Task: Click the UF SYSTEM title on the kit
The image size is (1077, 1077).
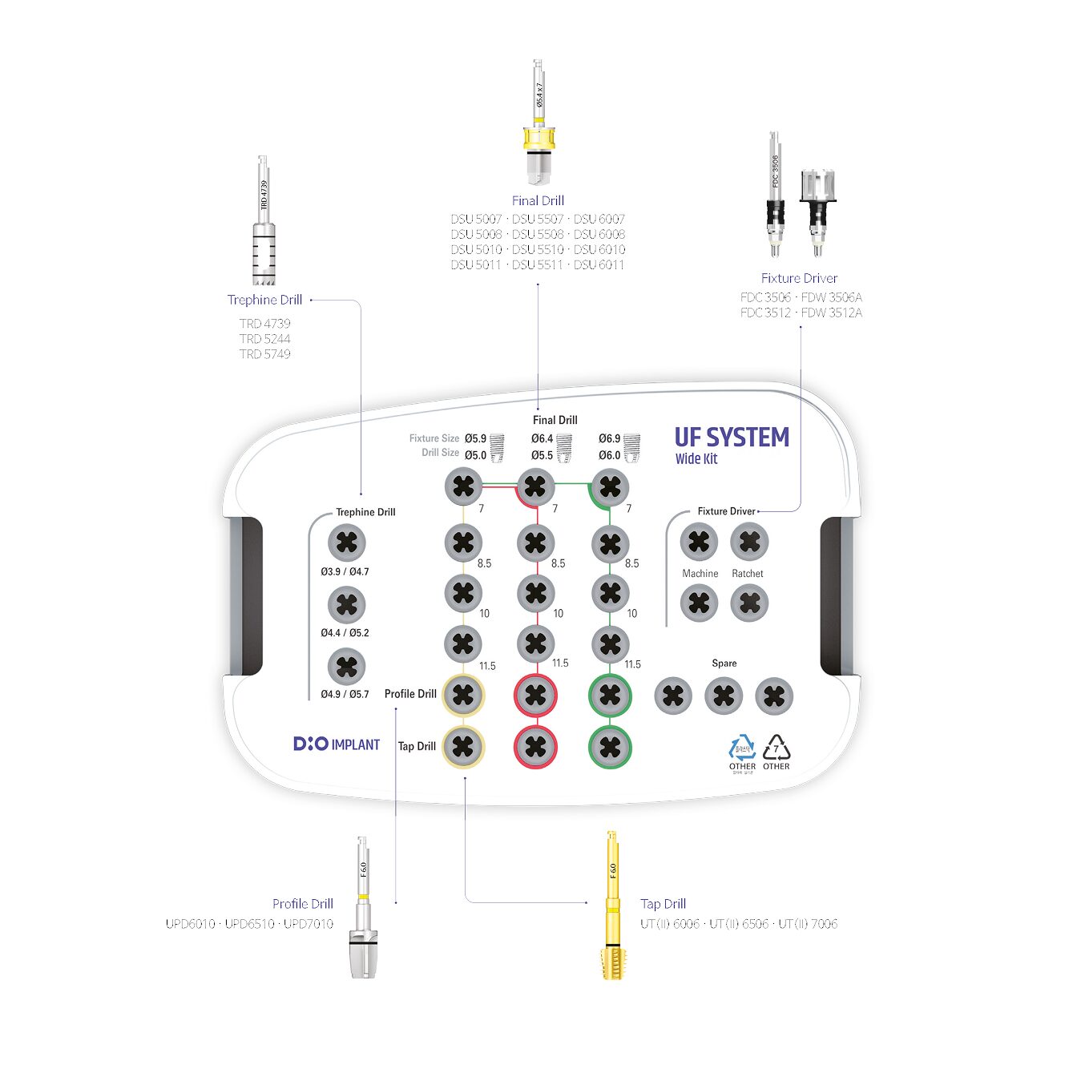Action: [x=731, y=438]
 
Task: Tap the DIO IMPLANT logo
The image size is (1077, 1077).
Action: [x=337, y=744]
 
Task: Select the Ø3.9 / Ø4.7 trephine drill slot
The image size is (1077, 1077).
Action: [x=347, y=543]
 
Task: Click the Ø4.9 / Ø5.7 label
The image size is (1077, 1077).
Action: [x=345, y=694]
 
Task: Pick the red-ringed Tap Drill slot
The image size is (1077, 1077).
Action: [x=536, y=747]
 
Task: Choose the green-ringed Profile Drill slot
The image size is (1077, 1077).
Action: [x=610, y=695]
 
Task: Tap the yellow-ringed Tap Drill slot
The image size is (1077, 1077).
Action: [x=463, y=747]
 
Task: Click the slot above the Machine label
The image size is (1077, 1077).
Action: [x=699, y=543]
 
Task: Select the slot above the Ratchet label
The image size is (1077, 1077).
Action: [x=749, y=543]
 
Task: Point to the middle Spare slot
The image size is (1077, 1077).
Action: [x=724, y=696]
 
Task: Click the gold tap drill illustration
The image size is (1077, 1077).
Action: [x=612, y=906]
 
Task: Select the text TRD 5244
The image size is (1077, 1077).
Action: [x=264, y=339]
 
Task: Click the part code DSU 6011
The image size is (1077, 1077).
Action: [x=599, y=264]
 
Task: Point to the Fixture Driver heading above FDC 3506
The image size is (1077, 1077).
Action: [x=799, y=278]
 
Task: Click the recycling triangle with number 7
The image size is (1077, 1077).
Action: [x=776, y=748]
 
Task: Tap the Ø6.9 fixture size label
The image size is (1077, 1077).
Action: [x=609, y=438]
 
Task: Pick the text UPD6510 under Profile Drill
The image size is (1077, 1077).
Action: [x=249, y=924]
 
